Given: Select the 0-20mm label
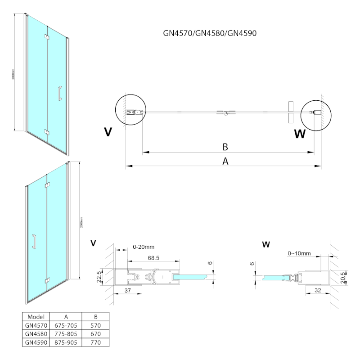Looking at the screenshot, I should coord(144,247).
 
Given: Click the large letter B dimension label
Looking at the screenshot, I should coord(225,147).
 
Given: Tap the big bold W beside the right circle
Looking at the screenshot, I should coord(300,134).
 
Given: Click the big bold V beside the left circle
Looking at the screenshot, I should coord(108,131).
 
